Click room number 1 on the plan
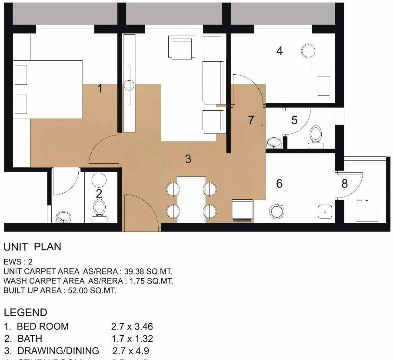(100, 89)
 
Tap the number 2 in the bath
(99, 194)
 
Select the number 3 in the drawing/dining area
(188, 159)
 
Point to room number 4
(280, 51)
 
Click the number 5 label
(294, 120)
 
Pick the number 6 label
(280, 184)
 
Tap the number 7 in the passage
(251, 120)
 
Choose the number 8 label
(345, 184)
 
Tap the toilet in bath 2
(99, 209)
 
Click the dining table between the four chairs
(191, 199)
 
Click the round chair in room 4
(307, 51)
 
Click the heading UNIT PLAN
(33, 247)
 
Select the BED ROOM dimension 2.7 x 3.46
(132, 327)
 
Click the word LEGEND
(25, 312)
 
